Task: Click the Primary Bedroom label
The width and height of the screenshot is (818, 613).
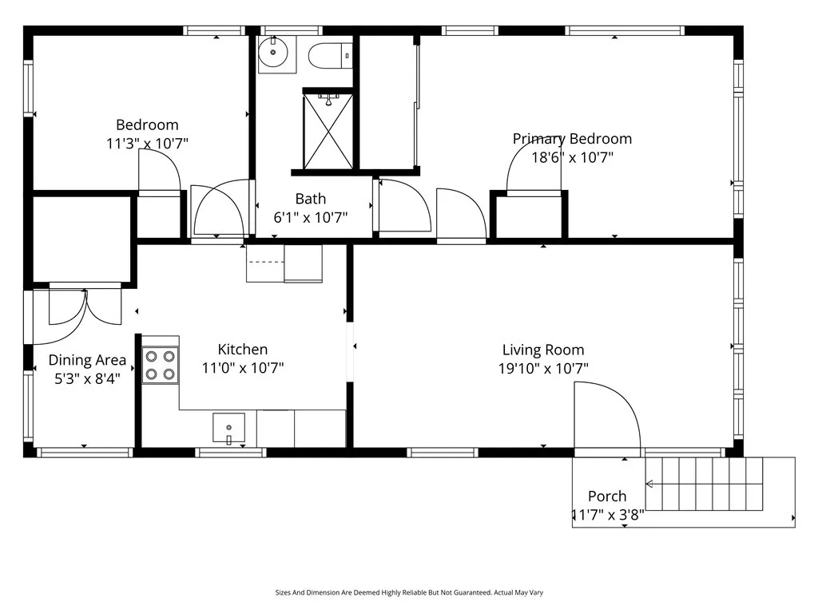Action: point(572,139)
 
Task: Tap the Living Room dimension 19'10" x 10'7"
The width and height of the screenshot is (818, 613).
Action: point(543,369)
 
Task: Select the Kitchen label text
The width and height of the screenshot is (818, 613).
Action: point(243,350)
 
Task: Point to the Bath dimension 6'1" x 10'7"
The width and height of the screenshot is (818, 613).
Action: point(311,217)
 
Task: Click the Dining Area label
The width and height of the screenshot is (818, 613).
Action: point(87,360)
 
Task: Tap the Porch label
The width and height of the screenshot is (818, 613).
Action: point(607,496)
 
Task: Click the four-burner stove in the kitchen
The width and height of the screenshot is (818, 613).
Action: point(160,366)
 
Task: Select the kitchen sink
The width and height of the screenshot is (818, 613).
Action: point(228,429)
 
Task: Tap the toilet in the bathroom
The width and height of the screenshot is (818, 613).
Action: point(330,55)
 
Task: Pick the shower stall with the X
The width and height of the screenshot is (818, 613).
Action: point(328,131)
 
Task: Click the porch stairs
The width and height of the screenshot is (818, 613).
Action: point(705,484)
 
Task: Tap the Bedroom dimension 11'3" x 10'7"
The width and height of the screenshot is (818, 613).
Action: point(147,144)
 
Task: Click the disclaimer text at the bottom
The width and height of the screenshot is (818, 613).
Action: point(409,593)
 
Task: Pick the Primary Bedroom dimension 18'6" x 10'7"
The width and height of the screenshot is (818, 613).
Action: point(572,157)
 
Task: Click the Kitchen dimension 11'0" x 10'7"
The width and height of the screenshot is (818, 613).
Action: point(243,368)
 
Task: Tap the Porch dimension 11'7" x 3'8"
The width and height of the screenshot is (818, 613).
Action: point(608,515)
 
